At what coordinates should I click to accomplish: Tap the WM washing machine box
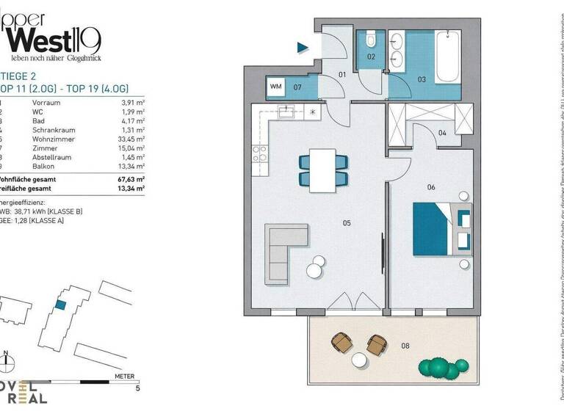276,87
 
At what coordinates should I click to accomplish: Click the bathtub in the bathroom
446,51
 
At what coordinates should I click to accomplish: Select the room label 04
443,132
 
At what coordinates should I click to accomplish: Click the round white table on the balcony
359,360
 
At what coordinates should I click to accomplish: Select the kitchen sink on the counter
284,112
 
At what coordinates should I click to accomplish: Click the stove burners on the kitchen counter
259,154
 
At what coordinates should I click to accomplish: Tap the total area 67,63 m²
130,178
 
